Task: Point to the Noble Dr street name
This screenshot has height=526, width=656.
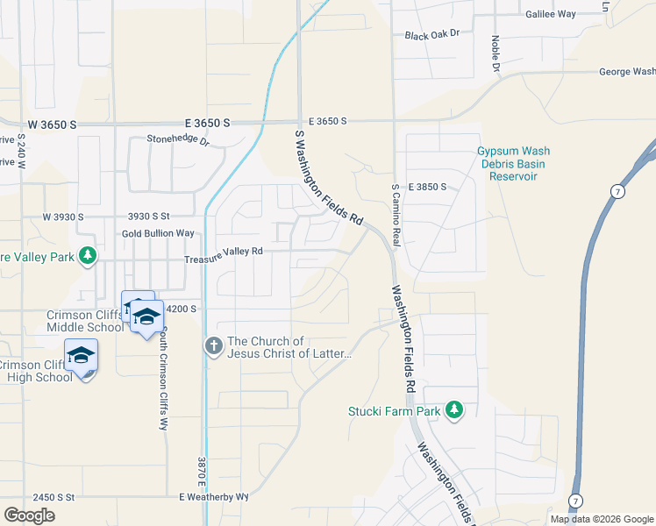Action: tap(496, 53)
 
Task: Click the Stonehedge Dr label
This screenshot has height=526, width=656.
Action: tap(178, 139)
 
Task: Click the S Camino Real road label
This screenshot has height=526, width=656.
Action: tap(396, 215)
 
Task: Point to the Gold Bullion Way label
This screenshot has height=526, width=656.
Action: tap(158, 233)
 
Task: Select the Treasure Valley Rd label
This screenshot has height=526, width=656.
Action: tap(224, 251)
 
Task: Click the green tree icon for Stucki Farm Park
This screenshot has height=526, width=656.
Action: tap(453, 409)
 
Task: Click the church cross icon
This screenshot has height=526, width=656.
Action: tap(213, 346)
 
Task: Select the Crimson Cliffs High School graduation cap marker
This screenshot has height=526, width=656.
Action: tap(81, 355)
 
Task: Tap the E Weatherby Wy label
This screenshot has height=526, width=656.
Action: tap(214, 496)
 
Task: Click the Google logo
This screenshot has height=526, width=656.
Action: tap(29, 515)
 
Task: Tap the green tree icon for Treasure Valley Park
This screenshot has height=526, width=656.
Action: tap(87, 256)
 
